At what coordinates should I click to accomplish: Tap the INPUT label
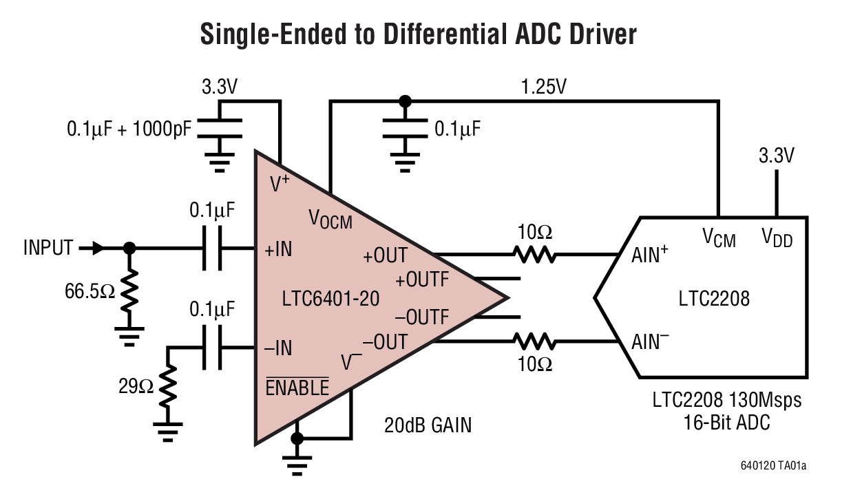click(48, 248)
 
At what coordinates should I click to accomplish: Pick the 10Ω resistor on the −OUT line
click(534, 341)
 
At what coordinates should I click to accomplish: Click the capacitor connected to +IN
click(212, 248)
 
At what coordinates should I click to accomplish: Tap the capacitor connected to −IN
click(212, 348)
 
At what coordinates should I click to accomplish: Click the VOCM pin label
click(330, 220)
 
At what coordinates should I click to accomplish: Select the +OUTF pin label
click(421, 279)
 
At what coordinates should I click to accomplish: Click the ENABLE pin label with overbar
click(297, 388)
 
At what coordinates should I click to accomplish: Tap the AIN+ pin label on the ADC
click(650, 255)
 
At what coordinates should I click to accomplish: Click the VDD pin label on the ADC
click(777, 237)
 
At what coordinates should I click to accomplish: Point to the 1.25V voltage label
click(545, 87)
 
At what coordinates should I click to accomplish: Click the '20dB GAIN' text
click(428, 425)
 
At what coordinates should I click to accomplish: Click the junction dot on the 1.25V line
click(405, 101)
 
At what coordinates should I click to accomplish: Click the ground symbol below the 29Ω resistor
click(167, 432)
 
